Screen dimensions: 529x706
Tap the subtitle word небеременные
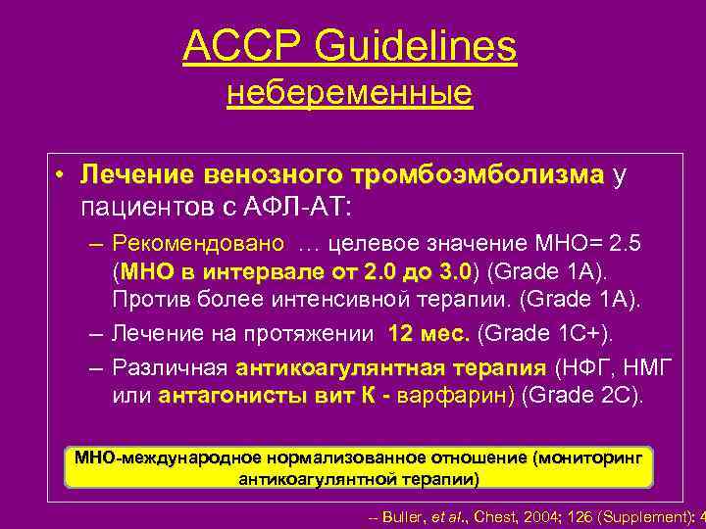tap(349, 94)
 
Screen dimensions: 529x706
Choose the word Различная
tap(170, 368)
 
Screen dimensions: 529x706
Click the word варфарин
tap(465, 396)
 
